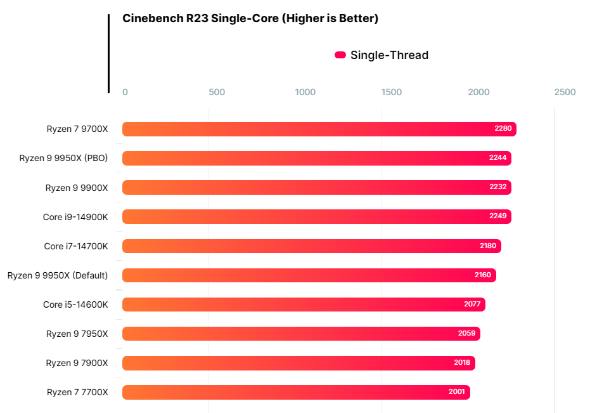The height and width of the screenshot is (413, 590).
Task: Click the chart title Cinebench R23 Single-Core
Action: [250, 18]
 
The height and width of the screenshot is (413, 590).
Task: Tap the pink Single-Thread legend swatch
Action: [340, 55]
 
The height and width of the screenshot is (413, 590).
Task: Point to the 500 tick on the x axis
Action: [217, 92]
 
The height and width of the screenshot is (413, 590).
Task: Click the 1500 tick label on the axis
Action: [392, 92]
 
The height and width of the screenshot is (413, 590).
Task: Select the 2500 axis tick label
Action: [565, 92]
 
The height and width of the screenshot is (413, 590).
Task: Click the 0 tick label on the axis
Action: [125, 92]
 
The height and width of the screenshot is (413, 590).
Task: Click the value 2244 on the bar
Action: [497, 157]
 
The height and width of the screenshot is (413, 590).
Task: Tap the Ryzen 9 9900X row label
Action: [77, 188]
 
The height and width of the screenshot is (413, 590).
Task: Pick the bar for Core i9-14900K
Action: [316, 217]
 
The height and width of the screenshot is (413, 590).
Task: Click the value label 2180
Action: [487, 246]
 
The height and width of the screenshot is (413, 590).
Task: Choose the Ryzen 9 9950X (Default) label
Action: [58, 275]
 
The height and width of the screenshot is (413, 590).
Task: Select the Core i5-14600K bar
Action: [304, 305]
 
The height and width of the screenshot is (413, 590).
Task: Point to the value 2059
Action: [466, 333]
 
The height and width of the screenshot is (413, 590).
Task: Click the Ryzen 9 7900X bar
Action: [298, 363]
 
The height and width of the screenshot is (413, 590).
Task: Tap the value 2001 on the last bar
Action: [456, 391]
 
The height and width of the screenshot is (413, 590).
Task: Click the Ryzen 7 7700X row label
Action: [77, 392]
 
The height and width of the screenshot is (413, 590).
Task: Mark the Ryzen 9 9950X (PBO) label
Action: [63, 158]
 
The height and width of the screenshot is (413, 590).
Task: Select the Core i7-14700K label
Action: [76, 246]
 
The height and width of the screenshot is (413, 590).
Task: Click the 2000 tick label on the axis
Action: [478, 92]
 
